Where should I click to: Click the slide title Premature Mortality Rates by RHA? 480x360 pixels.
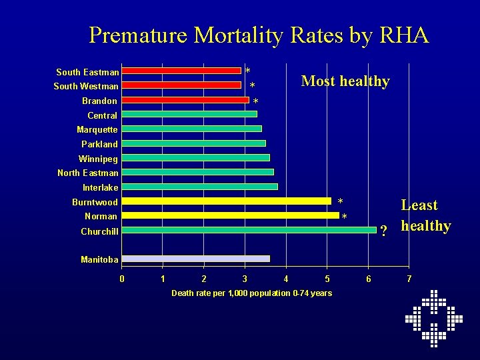point(259,35)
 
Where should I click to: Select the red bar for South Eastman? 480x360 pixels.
point(181,71)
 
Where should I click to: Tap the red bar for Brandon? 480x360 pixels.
point(185,100)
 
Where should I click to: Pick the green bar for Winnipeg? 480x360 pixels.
point(195,158)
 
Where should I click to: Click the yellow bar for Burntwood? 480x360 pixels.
point(226,201)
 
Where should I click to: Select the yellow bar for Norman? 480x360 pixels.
point(230,215)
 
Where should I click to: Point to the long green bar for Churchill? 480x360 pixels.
point(249,230)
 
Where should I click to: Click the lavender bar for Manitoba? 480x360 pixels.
point(195,259)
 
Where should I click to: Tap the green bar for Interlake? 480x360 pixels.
point(199,187)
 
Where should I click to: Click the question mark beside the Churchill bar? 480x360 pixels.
point(383,231)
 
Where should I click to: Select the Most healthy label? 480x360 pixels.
point(345,81)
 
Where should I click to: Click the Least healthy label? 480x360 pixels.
point(425,215)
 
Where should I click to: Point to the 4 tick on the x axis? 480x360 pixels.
point(286,278)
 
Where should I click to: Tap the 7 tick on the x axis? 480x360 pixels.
point(409,278)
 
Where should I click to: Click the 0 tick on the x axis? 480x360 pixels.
point(121,278)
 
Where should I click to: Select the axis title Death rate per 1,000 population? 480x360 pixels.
point(251,293)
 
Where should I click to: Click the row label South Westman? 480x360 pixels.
point(86,86)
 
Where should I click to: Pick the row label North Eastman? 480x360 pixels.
point(88,173)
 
